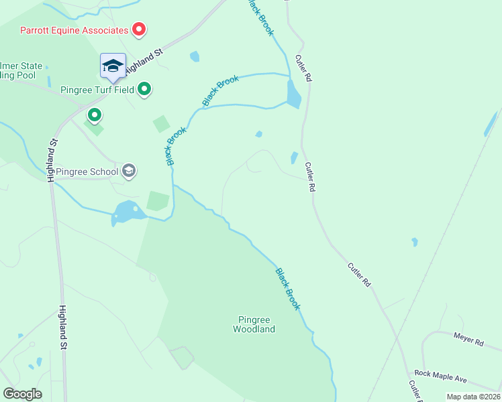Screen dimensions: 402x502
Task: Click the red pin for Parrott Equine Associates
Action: (x=139, y=29)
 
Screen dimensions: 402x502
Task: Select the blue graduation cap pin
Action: (x=113, y=66)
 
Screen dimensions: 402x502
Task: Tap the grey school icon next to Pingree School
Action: (x=129, y=172)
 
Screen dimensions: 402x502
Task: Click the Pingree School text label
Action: (x=87, y=172)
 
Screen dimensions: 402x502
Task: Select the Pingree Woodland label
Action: (x=254, y=324)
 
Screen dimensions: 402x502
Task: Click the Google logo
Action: (x=22, y=394)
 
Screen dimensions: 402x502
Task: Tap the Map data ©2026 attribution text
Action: (x=472, y=397)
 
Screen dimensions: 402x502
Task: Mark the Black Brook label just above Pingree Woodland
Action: (x=287, y=289)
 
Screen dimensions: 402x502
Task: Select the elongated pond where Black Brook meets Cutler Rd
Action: (x=293, y=94)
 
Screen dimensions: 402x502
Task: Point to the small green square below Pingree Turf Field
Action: (x=161, y=124)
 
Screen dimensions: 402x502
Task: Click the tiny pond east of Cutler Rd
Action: (x=415, y=242)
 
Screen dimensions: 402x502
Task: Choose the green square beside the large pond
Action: (x=158, y=201)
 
